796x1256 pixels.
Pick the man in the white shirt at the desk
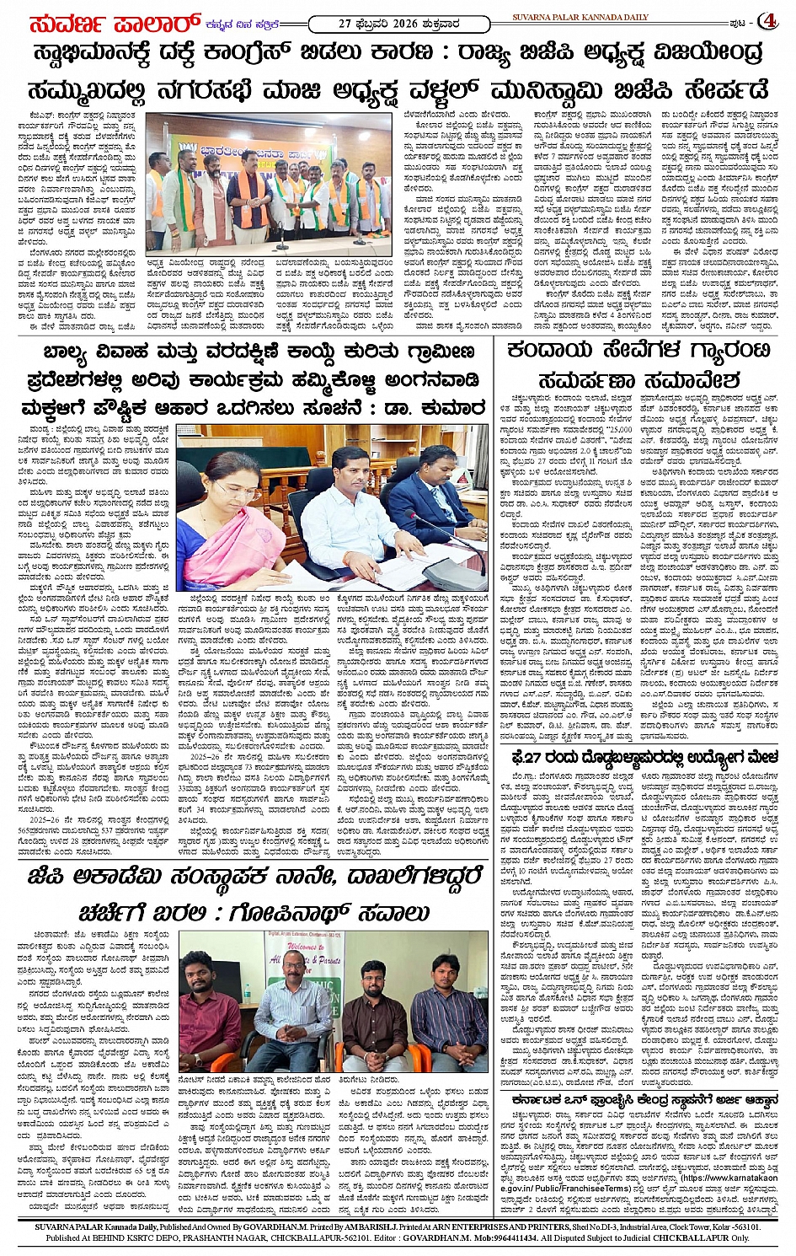click(334, 506)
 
